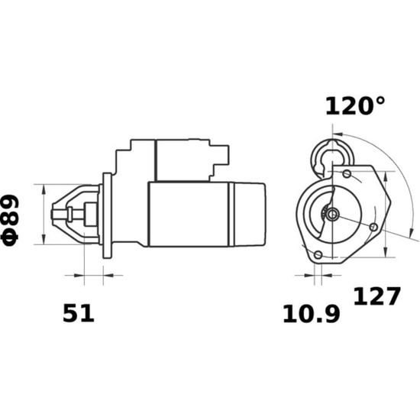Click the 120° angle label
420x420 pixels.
[x=355, y=106]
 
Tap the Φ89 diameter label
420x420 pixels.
[x=11, y=220]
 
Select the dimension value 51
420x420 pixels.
[x=79, y=313]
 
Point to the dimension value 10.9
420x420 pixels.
[x=312, y=314]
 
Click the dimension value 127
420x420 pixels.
[x=377, y=296]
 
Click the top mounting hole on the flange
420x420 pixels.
[x=347, y=174]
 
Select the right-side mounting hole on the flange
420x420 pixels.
[x=373, y=228]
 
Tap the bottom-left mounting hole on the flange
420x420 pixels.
[x=318, y=254]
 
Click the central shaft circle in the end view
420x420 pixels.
[x=332, y=215]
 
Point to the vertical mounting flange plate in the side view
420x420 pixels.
[x=107, y=215]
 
